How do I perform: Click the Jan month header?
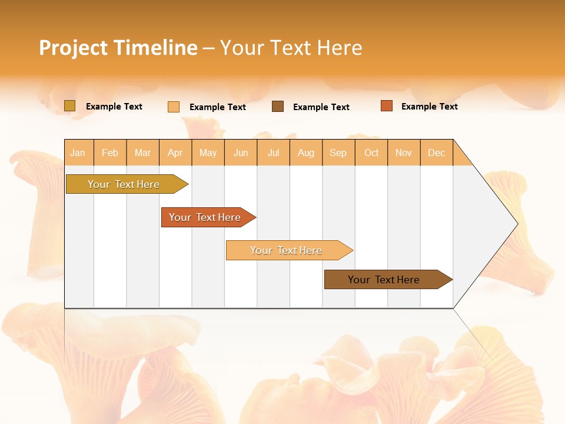click(78, 153)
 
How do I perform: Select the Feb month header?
click(110, 153)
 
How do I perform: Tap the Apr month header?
click(175, 153)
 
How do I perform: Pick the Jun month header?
click(241, 153)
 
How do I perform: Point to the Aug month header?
click(306, 153)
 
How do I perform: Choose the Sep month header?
click(338, 153)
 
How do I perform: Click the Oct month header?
click(371, 153)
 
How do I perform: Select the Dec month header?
click(437, 153)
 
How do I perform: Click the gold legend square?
click(70, 106)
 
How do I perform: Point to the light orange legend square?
click(174, 107)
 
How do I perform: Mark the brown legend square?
click(278, 107)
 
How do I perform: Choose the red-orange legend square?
click(387, 106)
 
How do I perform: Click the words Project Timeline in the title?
click(118, 48)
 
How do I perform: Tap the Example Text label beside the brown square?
click(321, 107)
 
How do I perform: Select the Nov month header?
click(404, 153)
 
